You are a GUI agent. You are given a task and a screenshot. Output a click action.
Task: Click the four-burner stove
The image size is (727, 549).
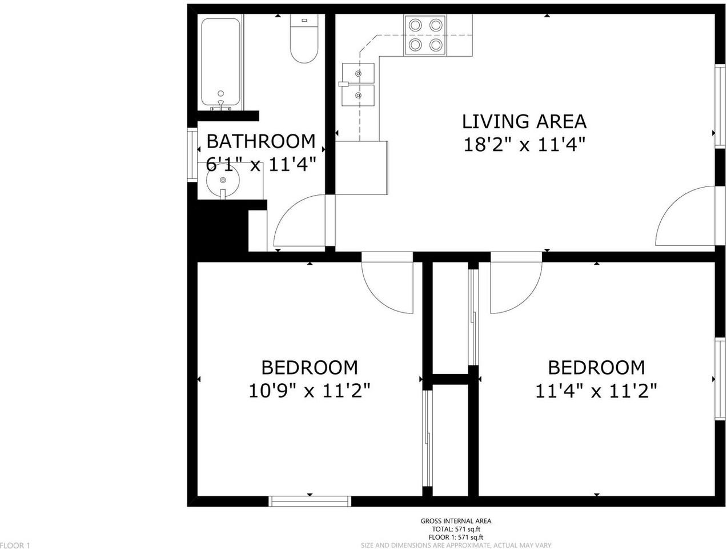pyautogui.click(x=425, y=35)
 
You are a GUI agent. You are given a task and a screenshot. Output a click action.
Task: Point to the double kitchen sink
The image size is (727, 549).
pyautogui.click(x=358, y=85)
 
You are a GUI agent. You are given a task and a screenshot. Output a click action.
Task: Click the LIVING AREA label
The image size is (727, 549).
pyautogui.click(x=524, y=121)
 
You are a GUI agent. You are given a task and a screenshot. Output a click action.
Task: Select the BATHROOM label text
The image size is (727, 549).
pyautogui.click(x=260, y=141)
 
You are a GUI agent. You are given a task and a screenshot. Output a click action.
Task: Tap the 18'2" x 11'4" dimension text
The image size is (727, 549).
pyautogui.click(x=524, y=145)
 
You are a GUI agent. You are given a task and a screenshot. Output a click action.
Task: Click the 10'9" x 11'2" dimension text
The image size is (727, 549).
pyautogui.click(x=310, y=391)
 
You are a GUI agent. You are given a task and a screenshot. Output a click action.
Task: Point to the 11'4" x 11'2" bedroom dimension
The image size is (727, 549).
pyautogui.click(x=596, y=391)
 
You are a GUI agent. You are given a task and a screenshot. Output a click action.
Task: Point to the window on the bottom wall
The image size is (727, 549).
pyautogui.click(x=310, y=502)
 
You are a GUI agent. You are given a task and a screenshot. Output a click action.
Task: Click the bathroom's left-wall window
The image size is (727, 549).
pyautogui.click(x=192, y=156)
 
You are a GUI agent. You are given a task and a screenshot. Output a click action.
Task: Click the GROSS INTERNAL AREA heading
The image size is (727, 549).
pyautogui.click(x=455, y=521)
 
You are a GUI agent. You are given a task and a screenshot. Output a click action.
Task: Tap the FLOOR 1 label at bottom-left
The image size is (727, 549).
pyautogui.click(x=15, y=545)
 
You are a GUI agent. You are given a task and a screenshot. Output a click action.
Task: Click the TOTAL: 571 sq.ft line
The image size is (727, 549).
pyautogui.click(x=455, y=530)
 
